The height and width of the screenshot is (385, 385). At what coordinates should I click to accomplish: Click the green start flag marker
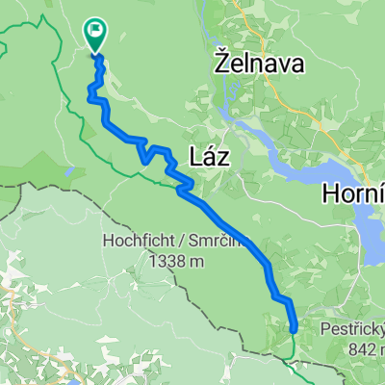coord(96,36)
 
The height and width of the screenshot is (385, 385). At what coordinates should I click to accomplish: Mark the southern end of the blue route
coord(293,330)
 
